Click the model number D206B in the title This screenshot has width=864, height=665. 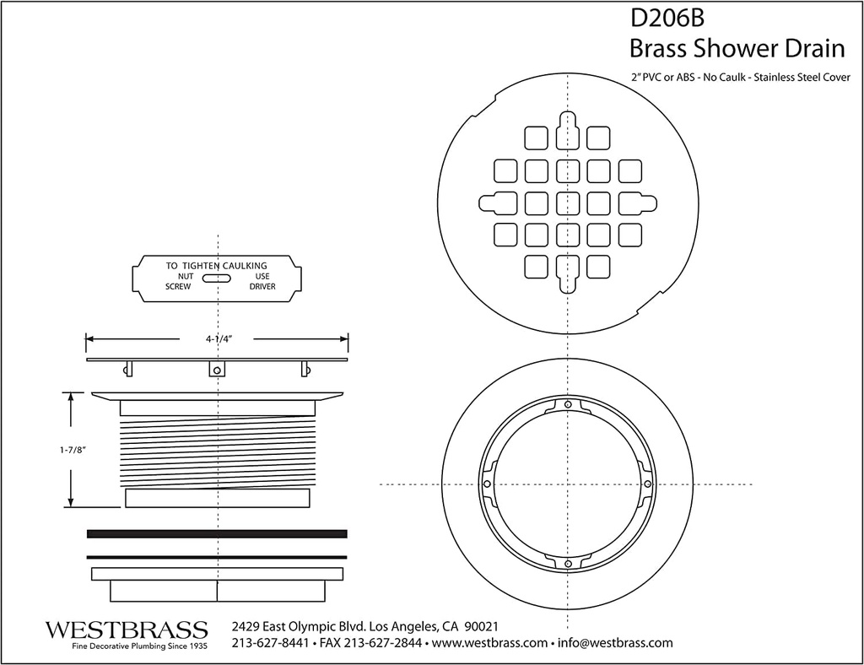661,19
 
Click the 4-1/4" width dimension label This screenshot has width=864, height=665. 218,338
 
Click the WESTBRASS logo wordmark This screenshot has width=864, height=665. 126,630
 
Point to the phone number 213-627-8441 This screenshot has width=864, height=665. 270,643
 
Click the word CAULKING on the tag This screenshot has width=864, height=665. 239,266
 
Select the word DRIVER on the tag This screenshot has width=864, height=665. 262,287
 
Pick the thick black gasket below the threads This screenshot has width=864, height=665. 217,533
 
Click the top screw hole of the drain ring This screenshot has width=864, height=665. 568,406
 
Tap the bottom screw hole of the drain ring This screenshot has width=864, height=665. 568,563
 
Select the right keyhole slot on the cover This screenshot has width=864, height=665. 637,203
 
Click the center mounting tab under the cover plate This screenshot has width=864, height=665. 217,370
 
